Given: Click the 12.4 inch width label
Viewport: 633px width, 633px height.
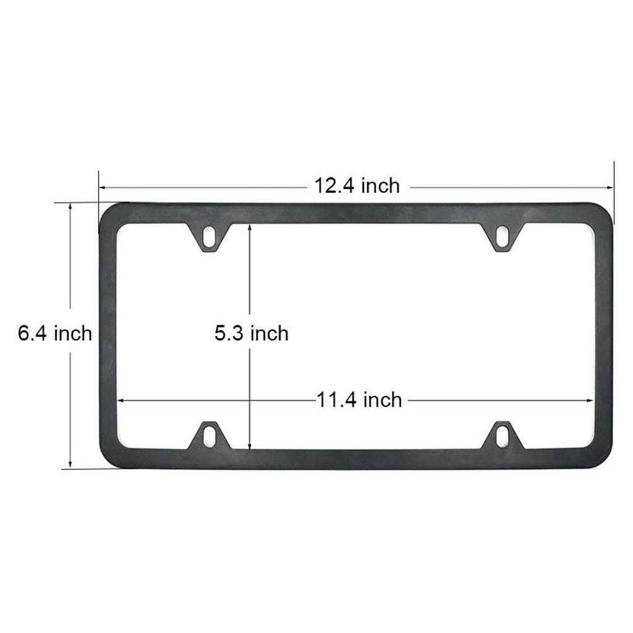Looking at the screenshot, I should coord(357,185).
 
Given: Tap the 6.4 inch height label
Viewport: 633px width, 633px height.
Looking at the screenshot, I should coord(55,334).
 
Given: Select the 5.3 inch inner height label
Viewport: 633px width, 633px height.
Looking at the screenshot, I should coord(252,334).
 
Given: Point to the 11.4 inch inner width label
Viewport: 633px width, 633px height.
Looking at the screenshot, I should coord(360,400).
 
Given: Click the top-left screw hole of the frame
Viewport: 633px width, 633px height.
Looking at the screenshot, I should coord(210,236).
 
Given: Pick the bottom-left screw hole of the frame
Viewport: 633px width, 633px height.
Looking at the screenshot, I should coord(210,435).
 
